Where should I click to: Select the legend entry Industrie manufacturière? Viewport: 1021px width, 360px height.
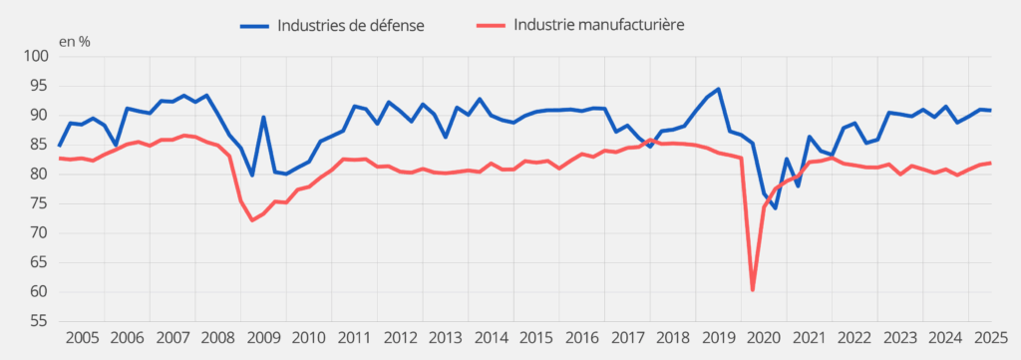(598, 25)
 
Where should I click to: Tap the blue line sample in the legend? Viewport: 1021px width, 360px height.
(257, 25)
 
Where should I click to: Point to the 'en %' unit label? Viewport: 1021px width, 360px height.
(74, 42)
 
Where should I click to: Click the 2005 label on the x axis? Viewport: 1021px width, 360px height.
(82, 338)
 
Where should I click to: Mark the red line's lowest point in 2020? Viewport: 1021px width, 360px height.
(753, 290)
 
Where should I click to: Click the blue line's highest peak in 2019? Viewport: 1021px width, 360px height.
(718, 89)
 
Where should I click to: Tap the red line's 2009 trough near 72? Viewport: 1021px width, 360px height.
(252, 220)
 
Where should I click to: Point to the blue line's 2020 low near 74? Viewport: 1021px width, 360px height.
(775, 208)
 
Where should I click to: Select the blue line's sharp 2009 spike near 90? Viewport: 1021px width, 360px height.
(263, 117)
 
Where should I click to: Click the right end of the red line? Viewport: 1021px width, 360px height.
(990, 163)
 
